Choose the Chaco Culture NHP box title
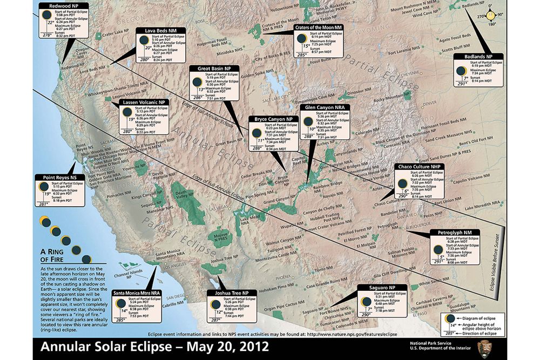pos(420,167)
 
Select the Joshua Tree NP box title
pos(231,292)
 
